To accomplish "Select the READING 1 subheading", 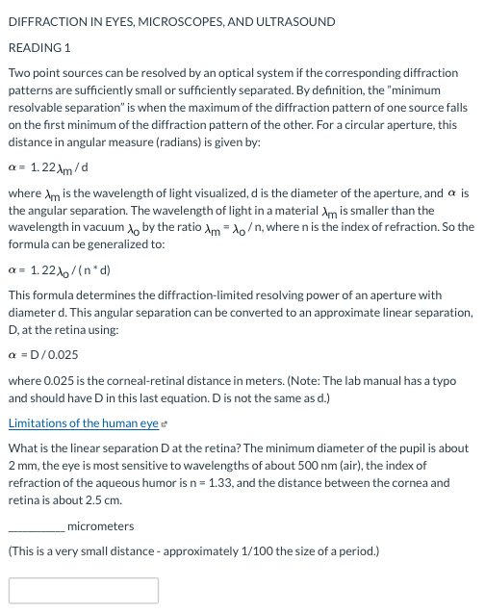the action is tap(39, 47).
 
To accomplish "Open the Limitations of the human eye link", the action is tap(83, 423).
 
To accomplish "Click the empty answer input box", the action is tap(84, 590).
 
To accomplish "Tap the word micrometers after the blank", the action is tap(101, 525).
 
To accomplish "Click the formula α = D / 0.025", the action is tap(43, 355).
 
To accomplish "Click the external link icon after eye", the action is tap(166, 424).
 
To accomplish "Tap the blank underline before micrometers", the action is tap(37, 526).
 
